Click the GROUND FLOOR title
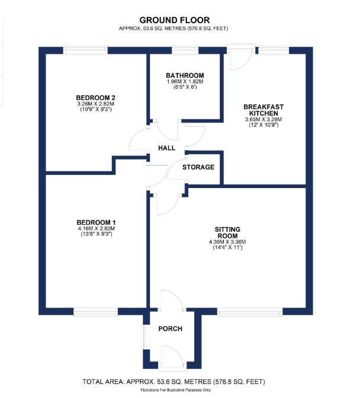(174, 20)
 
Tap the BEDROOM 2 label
(95, 97)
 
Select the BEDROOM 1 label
(95, 222)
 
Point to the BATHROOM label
(185, 76)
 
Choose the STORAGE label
(198, 167)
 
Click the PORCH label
(170, 329)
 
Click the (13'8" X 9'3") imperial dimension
(95, 234)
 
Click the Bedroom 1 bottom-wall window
(95, 311)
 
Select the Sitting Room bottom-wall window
(249, 311)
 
